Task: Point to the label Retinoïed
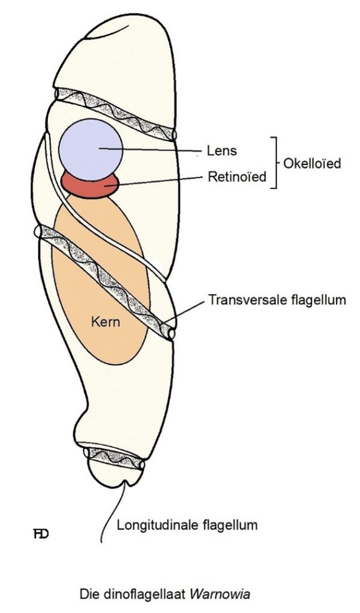(x=237, y=177)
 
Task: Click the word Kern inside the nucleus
(x=105, y=321)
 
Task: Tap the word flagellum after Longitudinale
(x=229, y=525)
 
